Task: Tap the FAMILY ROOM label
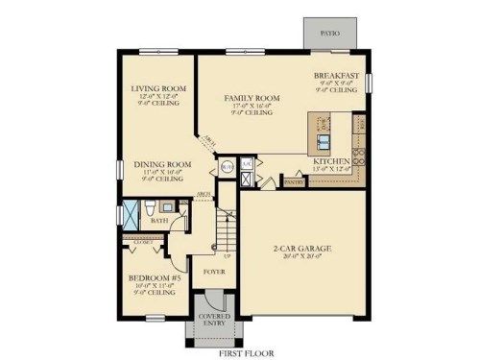click(x=252, y=98)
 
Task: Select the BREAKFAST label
click(x=336, y=75)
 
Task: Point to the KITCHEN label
click(x=331, y=160)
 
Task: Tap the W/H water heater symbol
click(x=228, y=164)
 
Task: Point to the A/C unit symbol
click(x=247, y=164)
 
